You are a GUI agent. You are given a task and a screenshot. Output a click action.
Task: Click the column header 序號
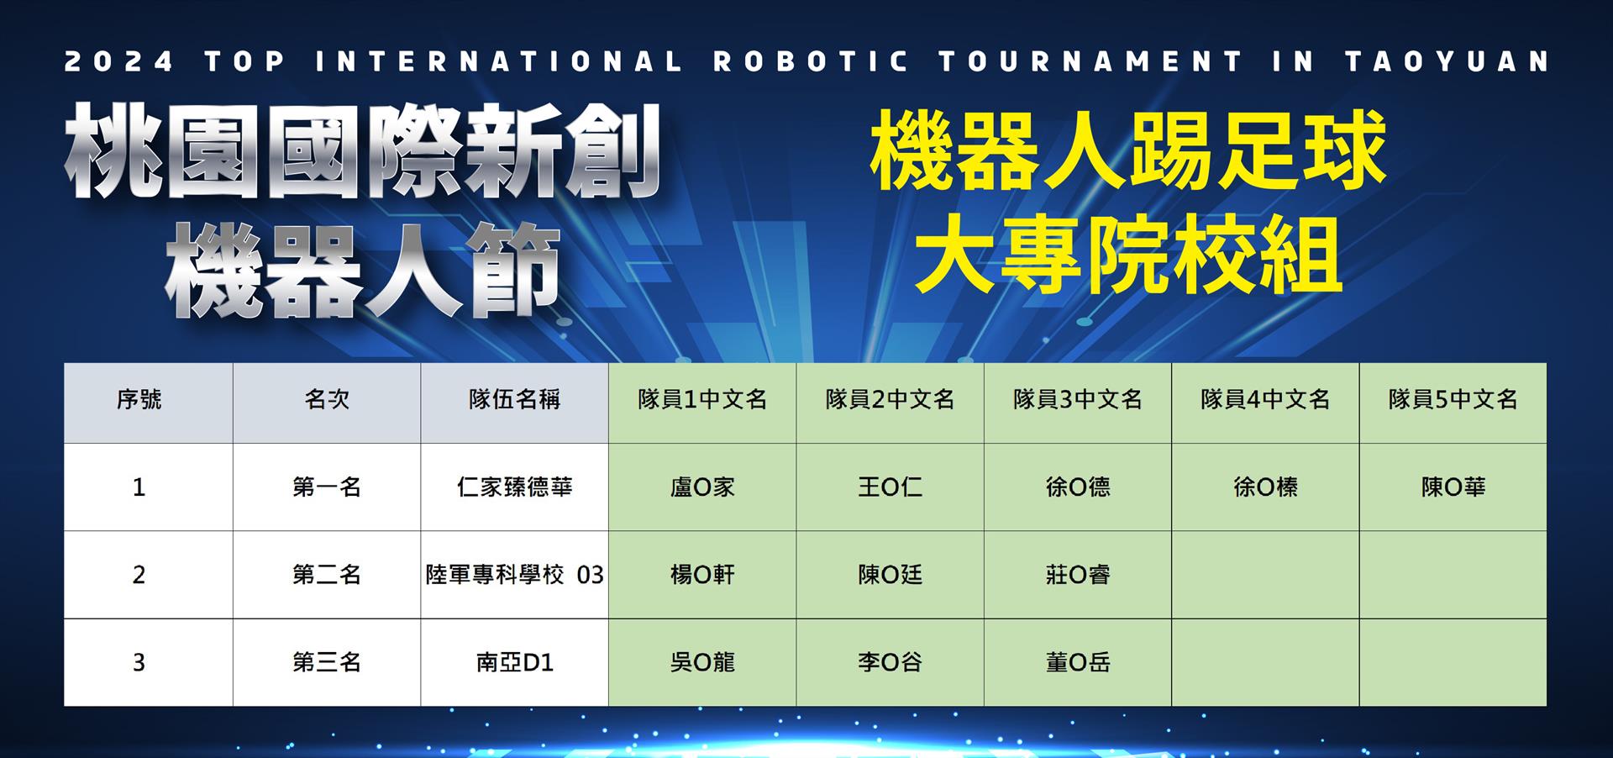click(x=139, y=399)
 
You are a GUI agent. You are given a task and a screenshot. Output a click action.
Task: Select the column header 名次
click(x=327, y=399)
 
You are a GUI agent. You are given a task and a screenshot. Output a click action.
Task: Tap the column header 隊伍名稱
click(x=514, y=399)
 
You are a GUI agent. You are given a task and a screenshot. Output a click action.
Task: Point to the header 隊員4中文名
click(x=1265, y=399)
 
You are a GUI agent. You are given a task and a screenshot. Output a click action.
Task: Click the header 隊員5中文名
click(x=1453, y=399)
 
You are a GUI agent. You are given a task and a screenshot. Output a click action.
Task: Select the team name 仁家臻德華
click(x=514, y=487)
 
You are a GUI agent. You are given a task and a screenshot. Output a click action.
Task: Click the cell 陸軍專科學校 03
click(x=514, y=575)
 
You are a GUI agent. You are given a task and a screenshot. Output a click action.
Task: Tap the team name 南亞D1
click(x=514, y=663)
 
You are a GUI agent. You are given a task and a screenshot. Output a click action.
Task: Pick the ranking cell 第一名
click(x=327, y=487)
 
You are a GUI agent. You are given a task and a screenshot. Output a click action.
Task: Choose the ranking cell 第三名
click(x=327, y=663)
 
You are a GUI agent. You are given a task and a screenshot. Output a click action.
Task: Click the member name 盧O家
click(x=702, y=487)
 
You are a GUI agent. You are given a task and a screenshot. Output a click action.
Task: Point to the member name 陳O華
click(x=1453, y=487)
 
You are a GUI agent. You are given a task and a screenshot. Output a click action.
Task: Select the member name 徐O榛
click(x=1265, y=487)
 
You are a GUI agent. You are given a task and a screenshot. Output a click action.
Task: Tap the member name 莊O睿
click(x=1078, y=575)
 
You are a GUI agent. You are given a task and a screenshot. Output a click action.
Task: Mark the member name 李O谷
click(x=890, y=663)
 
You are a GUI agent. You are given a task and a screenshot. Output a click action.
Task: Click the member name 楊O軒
click(x=702, y=575)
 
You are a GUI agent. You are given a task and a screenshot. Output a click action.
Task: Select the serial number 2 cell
click(x=139, y=575)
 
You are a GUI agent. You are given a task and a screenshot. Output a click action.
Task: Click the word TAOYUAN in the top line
click(x=1447, y=62)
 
